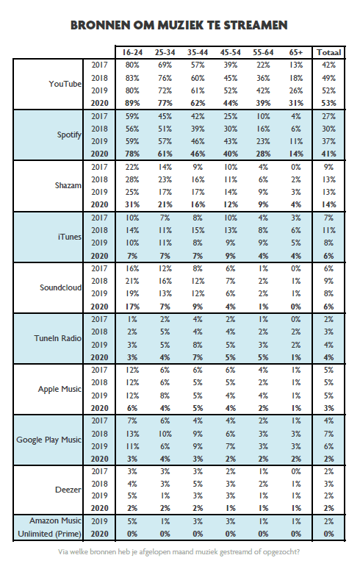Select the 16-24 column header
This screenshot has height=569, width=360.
pos(132,52)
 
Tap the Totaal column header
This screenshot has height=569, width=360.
pos(328,52)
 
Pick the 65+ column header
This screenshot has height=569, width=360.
pos(296,52)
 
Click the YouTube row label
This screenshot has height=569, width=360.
pos(65,84)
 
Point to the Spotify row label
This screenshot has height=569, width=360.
pos(69,135)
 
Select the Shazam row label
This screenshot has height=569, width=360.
pos(68,185)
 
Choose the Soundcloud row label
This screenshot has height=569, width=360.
pos(60,287)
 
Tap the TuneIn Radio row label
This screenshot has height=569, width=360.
pos(57,338)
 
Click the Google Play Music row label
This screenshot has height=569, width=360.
pos(48,440)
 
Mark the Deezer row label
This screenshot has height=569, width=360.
pos(68,490)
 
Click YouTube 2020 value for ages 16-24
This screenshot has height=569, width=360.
pos(132,103)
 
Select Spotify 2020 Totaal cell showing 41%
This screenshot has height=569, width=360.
pos(328,154)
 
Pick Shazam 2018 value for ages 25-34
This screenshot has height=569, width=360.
pos(165,179)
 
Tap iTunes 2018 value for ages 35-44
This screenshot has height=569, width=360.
pos(198,230)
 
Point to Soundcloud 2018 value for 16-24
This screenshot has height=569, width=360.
pos(132,282)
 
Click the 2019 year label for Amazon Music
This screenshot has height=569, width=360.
pos(99,521)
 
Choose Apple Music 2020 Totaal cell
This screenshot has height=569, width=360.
pos(328,408)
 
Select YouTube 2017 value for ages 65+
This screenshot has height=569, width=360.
pos(296,65)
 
